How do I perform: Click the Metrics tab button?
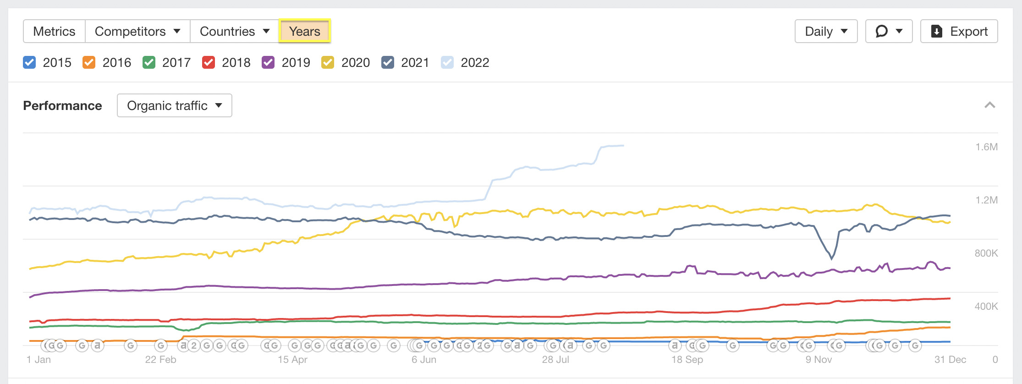[54, 31]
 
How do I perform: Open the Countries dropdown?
[235, 31]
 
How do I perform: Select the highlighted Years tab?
[305, 31]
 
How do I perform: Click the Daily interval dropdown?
[826, 31]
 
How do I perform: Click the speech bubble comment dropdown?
[889, 31]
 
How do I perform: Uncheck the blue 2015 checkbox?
[29, 62]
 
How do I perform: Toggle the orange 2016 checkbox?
[89, 62]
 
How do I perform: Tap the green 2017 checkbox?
[149, 62]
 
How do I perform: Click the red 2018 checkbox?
[209, 62]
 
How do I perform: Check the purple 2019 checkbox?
[268, 62]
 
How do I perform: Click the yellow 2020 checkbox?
[328, 62]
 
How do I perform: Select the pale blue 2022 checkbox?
[447, 62]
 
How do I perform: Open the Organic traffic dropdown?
[174, 105]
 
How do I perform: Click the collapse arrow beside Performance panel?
[989, 105]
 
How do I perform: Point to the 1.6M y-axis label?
[986, 147]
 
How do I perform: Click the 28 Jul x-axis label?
[555, 360]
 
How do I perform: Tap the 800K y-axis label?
[986, 253]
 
